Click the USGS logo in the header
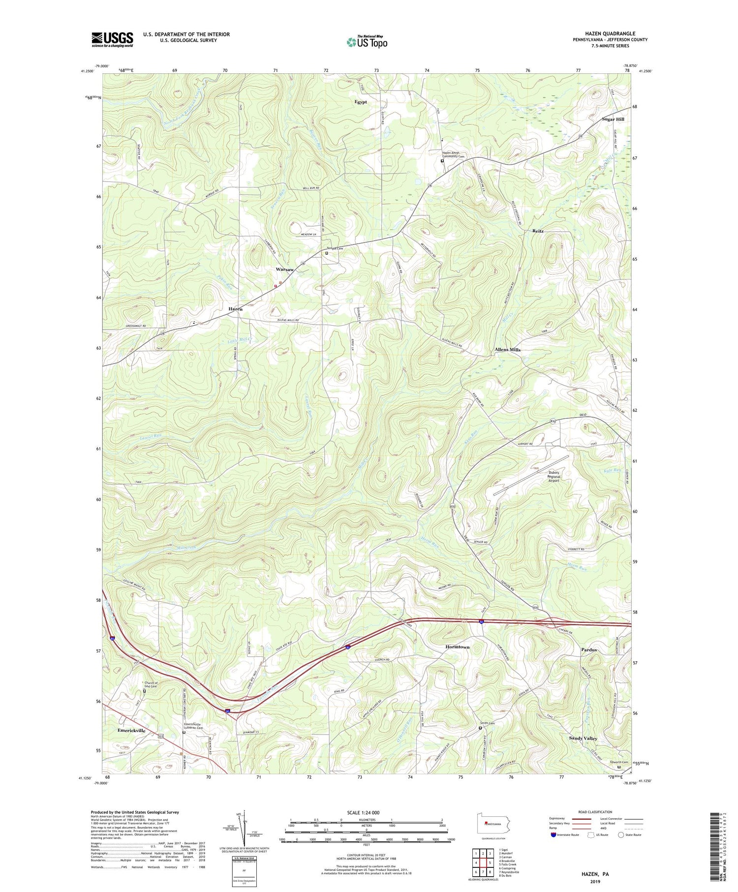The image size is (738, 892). pyautogui.click(x=112, y=39)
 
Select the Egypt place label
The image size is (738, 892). pyautogui.click(x=361, y=102)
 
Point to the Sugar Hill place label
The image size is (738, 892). pyautogui.click(x=613, y=119)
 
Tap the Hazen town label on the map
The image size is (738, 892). pyautogui.click(x=235, y=308)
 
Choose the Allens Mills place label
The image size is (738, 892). pyautogui.click(x=507, y=349)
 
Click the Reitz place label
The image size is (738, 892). pyautogui.click(x=539, y=231)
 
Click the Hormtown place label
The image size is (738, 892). pyautogui.click(x=457, y=647)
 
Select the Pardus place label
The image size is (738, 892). pyautogui.click(x=589, y=649)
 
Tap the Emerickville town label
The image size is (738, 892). pyautogui.click(x=131, y=731)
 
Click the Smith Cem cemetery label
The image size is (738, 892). pyautogui.click(x=488, y=723)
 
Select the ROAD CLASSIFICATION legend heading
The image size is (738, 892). pyautogui.click(x=595, y=812)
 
